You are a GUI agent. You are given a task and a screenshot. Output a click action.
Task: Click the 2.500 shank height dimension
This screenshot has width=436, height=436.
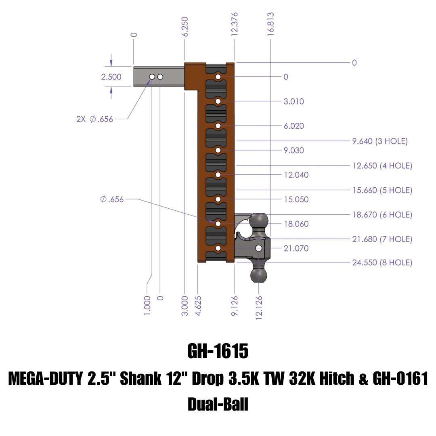(x=111, y=77)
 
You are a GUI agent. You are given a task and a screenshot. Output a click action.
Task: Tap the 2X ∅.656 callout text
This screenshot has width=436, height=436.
(x=94, y=119)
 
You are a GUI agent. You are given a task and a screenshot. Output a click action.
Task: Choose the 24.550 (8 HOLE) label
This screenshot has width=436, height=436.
(x=382, y=263)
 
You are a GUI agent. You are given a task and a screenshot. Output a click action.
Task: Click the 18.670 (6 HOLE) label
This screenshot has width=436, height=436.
(x=382, y=215)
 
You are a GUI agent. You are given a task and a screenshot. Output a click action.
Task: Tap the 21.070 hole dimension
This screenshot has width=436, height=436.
(x=296, y=248)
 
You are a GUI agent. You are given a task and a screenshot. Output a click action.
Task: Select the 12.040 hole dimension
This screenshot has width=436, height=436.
(x=296, y=175)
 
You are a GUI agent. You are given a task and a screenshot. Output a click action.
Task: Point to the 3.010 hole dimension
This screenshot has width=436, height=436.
(x=293, y=101)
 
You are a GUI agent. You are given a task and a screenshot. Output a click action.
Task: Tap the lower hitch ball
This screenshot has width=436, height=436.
(x=258, y=275)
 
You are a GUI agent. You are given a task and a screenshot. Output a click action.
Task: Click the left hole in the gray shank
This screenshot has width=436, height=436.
(x=152, y=77)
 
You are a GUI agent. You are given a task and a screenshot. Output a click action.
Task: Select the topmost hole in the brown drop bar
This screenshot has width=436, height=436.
(x=218, y=77)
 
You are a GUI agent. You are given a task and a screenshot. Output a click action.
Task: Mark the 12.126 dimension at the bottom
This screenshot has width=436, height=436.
(x=259, y=308)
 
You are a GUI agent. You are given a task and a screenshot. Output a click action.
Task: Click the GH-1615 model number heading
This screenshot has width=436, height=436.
(x=218, y=351)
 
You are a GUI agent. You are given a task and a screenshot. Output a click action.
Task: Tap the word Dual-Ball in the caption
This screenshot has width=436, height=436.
(x=218, y=404)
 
